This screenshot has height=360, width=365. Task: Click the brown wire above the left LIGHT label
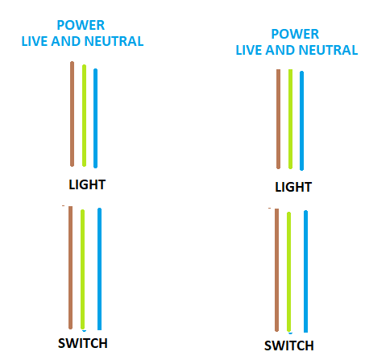tap(72, 114)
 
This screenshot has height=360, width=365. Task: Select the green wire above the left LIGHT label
tap(84, 115)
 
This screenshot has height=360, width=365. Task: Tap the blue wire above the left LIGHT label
tap(95, 118)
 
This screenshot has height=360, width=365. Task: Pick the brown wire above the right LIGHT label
tap(278, 119)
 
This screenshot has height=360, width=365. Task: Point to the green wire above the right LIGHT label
tap(290, 119)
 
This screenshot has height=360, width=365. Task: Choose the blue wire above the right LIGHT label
tap(301, 121)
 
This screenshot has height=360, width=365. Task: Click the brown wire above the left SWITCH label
tap(70, 267)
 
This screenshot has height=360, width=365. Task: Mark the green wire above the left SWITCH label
tap(82, 269)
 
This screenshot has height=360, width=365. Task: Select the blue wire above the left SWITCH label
tap(99, 269)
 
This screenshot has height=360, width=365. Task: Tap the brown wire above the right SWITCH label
tap(276, 270)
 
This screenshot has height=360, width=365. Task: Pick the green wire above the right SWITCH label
tap(288, 271)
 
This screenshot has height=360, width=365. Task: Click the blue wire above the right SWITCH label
tap(305, 271)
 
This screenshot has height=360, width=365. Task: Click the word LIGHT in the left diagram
tap(87, 184)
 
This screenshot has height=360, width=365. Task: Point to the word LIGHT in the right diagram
tap(293, 187)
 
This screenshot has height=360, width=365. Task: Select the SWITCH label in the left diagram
tap(83, 343)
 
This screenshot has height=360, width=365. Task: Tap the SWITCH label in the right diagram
tap(289, 346)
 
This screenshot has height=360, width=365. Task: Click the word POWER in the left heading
tap(81, 26)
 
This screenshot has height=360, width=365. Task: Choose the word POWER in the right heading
tap(295, 34)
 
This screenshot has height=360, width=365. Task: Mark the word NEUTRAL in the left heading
tap(114, 41)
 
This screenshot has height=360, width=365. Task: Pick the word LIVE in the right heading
tap(249, 50)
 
